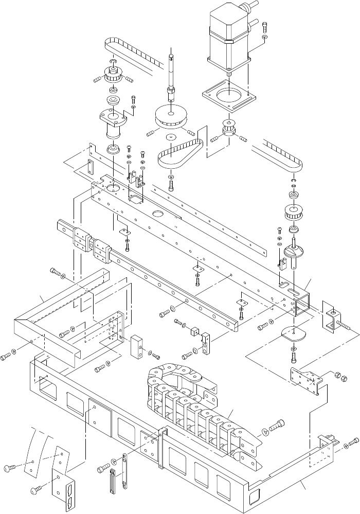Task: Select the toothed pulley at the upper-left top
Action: (x=112, y=76)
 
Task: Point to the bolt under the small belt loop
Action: (x=171, y=181)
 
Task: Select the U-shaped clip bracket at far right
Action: (x=331, y=317)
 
